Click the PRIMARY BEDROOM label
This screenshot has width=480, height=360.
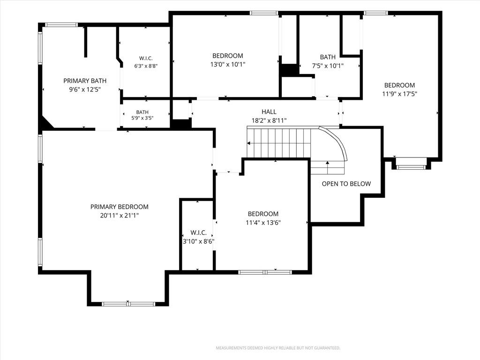(x=120, y=207)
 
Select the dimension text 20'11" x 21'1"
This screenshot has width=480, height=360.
(x=120, y=216)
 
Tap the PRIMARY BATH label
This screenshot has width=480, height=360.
(x=85, y=81)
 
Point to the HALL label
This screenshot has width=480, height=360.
(x=269, y=112)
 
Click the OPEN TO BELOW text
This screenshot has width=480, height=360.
(x=346, y=184)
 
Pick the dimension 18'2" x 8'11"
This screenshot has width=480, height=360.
(x=269, y=120)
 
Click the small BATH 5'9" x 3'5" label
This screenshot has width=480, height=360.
(x=142, y=115)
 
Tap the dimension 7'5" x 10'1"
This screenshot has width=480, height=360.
(x=328, y=66)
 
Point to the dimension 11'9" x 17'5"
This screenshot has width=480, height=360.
(x=399, y=94)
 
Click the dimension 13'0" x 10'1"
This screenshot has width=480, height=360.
(x=228, y=65)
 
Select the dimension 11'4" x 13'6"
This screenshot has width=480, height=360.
(x=263, y=223)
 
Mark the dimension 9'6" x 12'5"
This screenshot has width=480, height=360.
(x=85, y=90)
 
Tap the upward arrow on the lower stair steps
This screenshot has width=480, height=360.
(x=328, y=167)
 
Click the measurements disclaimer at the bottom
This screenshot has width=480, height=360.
(x=278, y=348)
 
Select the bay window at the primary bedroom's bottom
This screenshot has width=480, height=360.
(x=128, y=304)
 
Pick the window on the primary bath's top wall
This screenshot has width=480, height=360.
(x=61, y=25)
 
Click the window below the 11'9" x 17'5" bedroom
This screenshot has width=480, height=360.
(x=411, y=167)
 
